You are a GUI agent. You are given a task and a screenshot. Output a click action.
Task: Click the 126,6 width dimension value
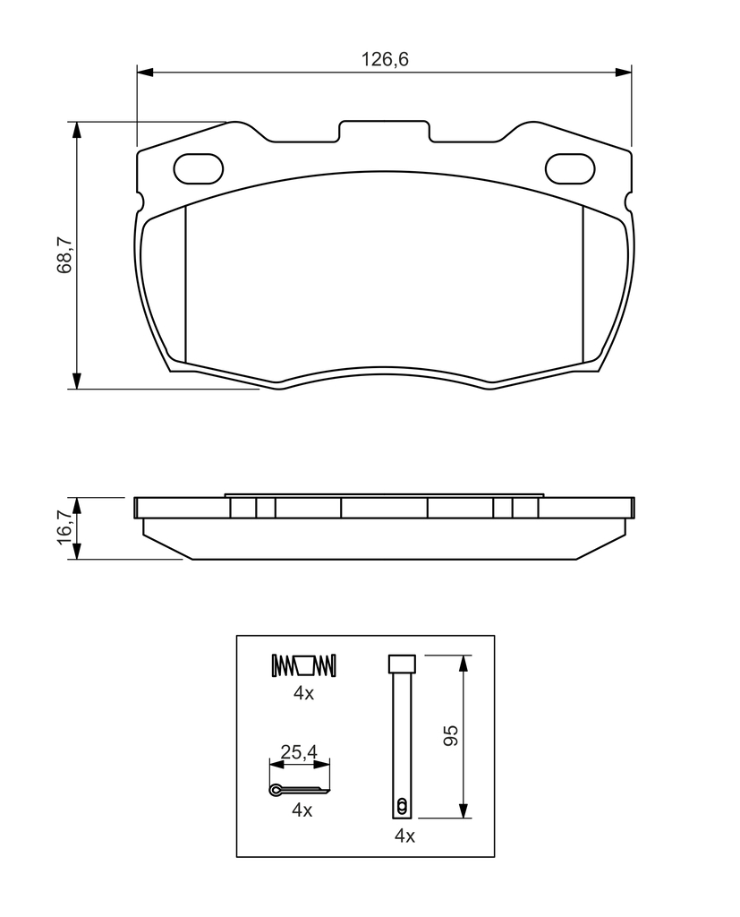pos(385,59)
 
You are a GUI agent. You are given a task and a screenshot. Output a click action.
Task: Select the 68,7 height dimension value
pos(64,255)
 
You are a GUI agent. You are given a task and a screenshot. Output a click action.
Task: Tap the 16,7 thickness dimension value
pos(64,527)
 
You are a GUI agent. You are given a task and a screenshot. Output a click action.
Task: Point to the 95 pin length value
pos(450,736)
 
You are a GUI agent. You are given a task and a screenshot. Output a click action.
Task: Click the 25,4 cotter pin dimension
pos(299,752)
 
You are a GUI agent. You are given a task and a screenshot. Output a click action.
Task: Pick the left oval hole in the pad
pos(199,168)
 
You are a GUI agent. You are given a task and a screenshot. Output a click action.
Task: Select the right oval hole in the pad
pos(570,168)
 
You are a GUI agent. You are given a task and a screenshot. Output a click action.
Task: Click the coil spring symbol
pos(304,665)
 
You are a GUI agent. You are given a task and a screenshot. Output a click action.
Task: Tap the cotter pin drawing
pos(299,790)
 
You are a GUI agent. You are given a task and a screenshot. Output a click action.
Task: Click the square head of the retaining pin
pos(402,664)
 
